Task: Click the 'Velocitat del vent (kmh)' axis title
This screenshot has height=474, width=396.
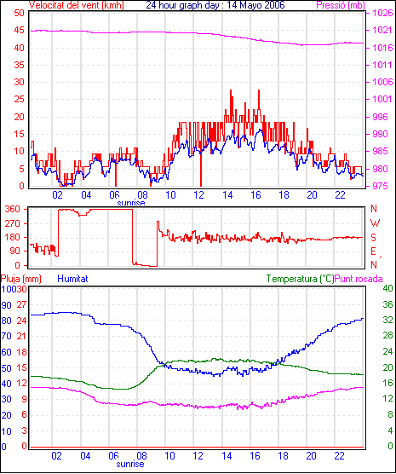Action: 76,5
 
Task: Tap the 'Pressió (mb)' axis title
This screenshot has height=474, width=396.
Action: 341,5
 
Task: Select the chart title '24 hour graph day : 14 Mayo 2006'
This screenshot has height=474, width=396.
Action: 215,5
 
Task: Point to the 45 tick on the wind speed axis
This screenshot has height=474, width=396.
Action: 19,31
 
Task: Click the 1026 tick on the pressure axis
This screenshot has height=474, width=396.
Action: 382,13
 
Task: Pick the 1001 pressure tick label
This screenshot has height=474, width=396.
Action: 382,99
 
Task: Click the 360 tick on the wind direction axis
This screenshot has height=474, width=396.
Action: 13,209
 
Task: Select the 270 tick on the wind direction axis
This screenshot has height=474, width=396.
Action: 13,223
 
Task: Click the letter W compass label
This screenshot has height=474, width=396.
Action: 375,223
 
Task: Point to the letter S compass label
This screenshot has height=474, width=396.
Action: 374,238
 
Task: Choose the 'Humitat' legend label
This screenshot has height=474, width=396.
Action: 72,279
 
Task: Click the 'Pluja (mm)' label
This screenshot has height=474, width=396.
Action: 20,279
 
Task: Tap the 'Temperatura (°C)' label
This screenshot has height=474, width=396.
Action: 301,279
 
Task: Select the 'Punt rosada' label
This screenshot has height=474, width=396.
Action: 359,279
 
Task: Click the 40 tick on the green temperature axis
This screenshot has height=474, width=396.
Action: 387,288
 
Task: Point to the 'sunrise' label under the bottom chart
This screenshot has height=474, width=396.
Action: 130,464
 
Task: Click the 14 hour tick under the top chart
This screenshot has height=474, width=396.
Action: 227,195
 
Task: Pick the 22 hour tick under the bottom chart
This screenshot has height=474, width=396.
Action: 340,455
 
